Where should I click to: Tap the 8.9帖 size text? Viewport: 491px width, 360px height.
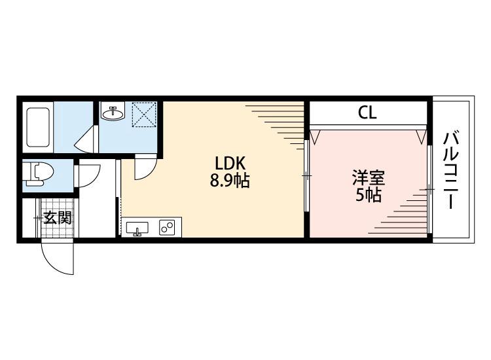click(x=229, y=181)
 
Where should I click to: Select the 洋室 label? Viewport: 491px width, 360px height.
click(x=369, y=178)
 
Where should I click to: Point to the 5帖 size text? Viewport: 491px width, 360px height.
click(x=369, y=195)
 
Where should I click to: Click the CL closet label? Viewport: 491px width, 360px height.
click(x=367, y=113)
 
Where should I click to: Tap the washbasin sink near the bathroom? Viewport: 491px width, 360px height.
click(x=115, y=113)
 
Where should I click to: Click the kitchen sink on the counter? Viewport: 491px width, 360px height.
click(x=137, y=228)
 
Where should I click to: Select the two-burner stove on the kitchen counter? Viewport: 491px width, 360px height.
click(x=167, y=228)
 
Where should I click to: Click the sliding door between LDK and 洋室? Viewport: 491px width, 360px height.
click(x=307, y=175)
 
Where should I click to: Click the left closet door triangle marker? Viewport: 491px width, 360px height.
click(x=316, y=136)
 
